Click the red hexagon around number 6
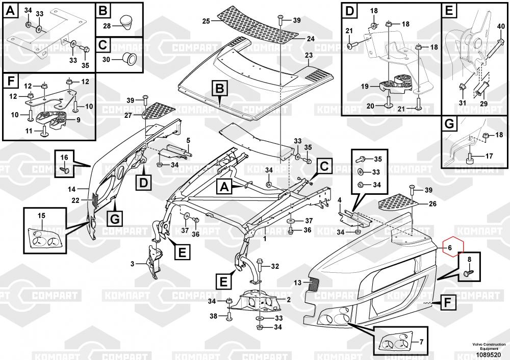451,249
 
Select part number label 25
207,21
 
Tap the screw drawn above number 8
467,274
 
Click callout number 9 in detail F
78,120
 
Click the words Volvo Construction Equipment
489,347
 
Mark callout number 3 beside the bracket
132,264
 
